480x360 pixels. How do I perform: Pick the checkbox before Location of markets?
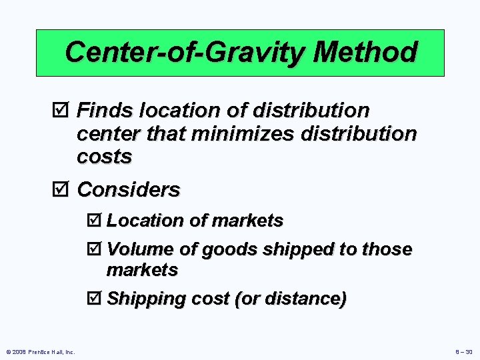coord(95,221)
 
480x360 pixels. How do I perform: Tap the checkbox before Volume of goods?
coord(95,249)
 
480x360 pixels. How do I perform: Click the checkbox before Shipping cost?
coord(95,299)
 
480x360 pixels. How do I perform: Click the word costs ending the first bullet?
coord(105,157)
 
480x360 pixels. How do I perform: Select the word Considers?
coord(129,190)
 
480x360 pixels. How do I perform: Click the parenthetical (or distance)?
coord(290,299)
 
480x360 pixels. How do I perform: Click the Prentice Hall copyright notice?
coord(41,351)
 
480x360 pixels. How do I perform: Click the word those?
coord(387,249)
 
